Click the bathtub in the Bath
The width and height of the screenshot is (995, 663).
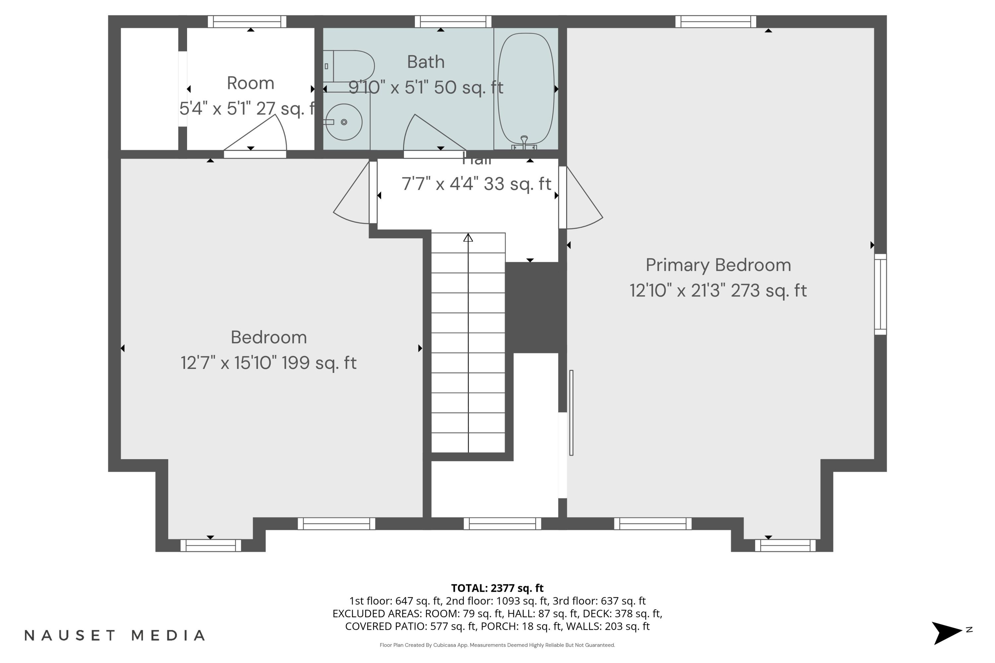(525, 89)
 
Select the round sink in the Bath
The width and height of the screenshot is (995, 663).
(344, 122)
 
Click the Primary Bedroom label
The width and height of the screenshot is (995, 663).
(718, 265)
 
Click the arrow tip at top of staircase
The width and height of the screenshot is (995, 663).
(468, 238)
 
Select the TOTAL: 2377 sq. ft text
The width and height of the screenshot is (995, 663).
(497, 588)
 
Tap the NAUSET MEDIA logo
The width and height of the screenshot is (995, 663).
(115, 635)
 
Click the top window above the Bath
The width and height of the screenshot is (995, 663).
(453, 22)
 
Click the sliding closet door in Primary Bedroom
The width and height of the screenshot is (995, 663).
(571, 413)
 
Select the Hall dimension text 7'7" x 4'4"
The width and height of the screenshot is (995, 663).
(476, 184)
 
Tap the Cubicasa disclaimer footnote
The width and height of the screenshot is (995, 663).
(497, 645)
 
